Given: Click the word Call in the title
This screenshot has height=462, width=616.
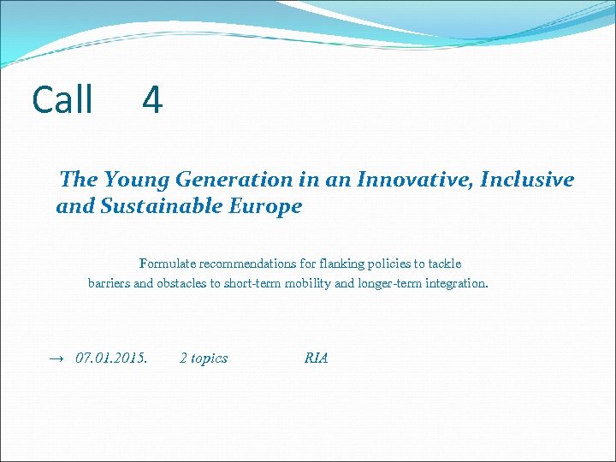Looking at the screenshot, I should click(x=62, y=100).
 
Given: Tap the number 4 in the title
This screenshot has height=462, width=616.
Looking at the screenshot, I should click(x=151, y=100).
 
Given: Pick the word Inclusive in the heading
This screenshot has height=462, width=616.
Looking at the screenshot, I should click(x=527, y=180).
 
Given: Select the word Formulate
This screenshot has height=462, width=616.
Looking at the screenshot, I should click(x=166, y=264).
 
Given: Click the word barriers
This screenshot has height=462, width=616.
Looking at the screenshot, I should click(x=110, y=283).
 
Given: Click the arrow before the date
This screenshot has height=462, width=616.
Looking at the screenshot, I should click(x=56, y=358).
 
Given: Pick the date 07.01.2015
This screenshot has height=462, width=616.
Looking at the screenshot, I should click(x=111, y=358).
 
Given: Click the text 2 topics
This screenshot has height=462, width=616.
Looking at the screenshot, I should click(x=204, y=358).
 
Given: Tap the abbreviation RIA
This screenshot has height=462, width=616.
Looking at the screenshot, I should click(x=316, y=358).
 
